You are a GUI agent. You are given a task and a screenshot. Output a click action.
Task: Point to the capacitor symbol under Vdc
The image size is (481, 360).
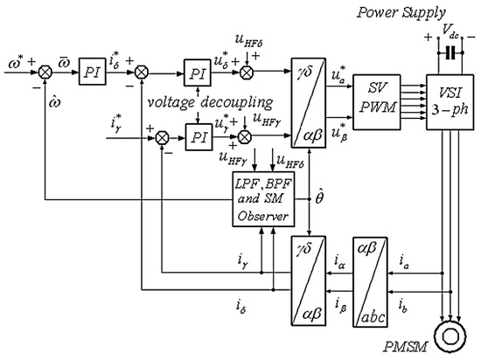point(450,52)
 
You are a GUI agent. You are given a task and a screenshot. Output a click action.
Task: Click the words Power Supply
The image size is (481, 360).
point(415,12)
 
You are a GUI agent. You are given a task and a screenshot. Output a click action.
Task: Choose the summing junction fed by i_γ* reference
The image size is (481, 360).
point(161,137)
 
